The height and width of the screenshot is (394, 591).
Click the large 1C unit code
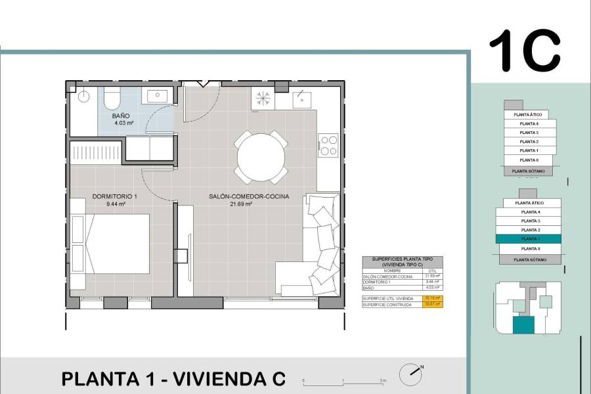coord(525,52)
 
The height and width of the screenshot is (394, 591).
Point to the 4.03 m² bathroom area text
coord(123,123)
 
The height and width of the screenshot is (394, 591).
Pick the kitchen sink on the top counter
coord(301,98)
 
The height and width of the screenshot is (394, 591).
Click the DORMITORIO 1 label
coord(115,196)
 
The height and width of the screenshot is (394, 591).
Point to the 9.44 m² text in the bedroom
coord(116,204)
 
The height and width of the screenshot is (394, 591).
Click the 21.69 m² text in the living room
coord(241,204)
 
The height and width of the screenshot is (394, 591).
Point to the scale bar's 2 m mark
coord(382,380)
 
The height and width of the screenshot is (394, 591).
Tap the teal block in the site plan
coord(523,325)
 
